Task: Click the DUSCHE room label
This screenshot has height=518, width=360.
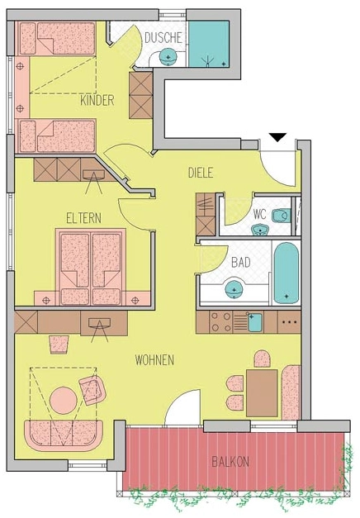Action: (163, 38)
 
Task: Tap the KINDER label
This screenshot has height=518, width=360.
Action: (97, 100)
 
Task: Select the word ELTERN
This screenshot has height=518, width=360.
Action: (84, 218)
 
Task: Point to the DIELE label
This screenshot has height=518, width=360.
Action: (201, 173)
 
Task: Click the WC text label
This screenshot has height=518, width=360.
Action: (259, 214)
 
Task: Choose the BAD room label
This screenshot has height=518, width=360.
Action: (241, 263)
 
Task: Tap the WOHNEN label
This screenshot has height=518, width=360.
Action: (154, 360)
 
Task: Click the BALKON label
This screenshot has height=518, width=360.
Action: (230, 462)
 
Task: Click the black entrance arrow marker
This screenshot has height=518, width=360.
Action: (277, 137)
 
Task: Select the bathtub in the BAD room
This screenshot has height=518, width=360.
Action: (287, 273)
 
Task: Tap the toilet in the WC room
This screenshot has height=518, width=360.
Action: (282, 216)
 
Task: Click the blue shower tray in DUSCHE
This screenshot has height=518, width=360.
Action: (209, 44)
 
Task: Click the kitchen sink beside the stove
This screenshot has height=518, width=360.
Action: (254, 323)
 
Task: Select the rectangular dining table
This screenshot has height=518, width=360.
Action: (262, 393)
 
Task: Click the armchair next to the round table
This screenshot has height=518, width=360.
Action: (92, 389)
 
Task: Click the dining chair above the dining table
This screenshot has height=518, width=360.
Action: (263, 359)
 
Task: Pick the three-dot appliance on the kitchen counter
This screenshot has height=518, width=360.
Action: (289, 322)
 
